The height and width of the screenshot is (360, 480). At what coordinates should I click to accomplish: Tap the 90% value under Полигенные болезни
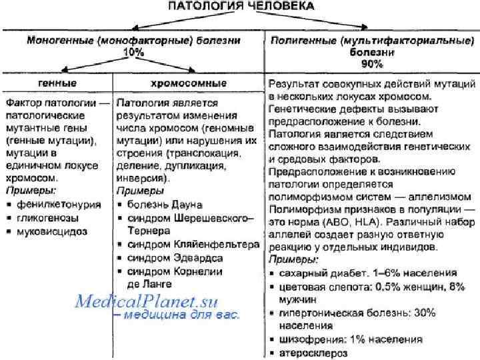pos(372,64)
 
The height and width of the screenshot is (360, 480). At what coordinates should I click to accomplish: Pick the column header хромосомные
pos(189,83)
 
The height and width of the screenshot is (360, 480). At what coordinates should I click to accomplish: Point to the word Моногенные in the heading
pos(59,41)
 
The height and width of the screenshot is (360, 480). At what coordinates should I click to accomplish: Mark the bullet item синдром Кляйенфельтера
pos(193,245)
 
